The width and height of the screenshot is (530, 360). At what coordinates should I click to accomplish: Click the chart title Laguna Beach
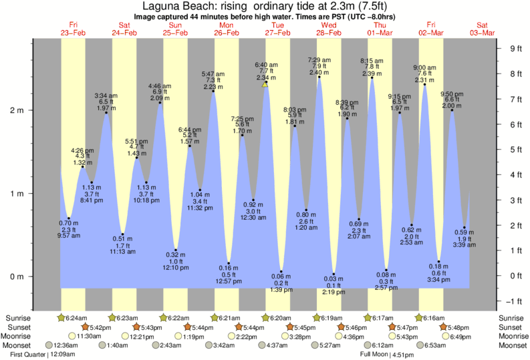point(265,6)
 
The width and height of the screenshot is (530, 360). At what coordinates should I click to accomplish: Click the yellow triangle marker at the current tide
point(265,84)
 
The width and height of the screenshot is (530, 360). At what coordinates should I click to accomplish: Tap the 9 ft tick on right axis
point(515,48)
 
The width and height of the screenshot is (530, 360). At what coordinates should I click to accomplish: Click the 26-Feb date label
point(227,32)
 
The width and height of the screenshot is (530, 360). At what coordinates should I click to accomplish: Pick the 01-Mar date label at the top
point(380,32)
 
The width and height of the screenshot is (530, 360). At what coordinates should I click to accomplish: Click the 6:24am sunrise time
point(75,317)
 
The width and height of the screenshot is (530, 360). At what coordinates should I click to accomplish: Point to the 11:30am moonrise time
point(89,336)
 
